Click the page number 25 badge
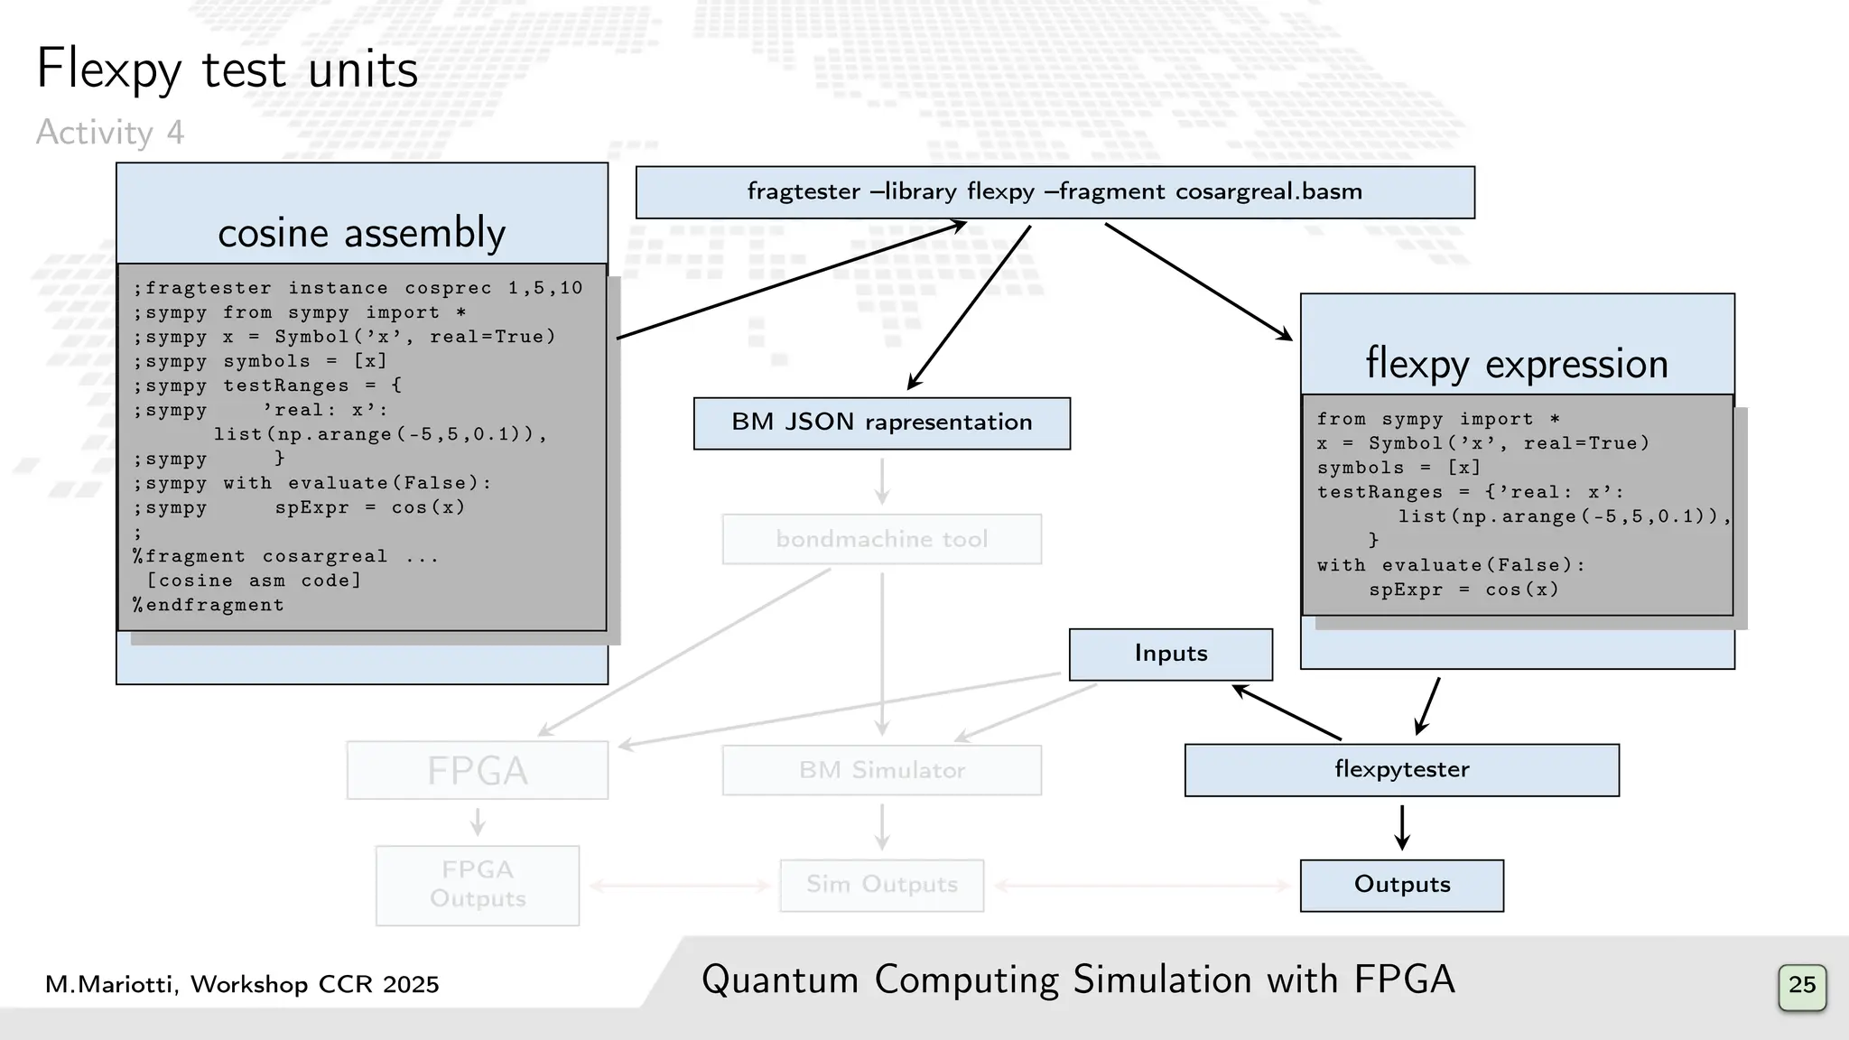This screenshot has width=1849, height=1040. click(x=1801, y=985)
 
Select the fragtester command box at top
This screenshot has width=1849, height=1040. click(x=1055, y=192)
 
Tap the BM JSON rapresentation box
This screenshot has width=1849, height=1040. click(x=881, y=423)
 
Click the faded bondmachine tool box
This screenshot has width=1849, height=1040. click(x=881, y=539)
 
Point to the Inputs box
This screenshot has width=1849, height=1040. click(x=1170, y=654)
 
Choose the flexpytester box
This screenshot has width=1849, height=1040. click(x=1401, y=770)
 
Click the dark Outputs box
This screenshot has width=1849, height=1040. click(x=1401, y=885)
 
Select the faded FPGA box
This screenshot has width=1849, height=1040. click(x=477, y=770)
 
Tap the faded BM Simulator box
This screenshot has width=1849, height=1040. click(x=881, y=770)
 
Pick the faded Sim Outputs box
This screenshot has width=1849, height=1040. click(x=881, y=885)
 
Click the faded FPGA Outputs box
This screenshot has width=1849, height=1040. click(x=477, y=885)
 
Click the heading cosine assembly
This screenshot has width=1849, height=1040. click(x=361, y=233)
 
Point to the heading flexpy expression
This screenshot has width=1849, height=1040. click(x=1517, y=363)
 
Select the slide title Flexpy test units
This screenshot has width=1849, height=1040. click(x=227, y=70)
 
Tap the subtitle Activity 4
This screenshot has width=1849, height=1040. click(x=109, y=133)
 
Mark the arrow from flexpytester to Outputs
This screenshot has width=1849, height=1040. click(x=1401, y=827)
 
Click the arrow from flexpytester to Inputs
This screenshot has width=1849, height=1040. click(x=1287, y=712)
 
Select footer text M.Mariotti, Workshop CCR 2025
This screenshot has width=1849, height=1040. click(x=242, y=984)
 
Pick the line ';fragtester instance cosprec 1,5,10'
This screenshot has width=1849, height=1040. click(x=358, y=288)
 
